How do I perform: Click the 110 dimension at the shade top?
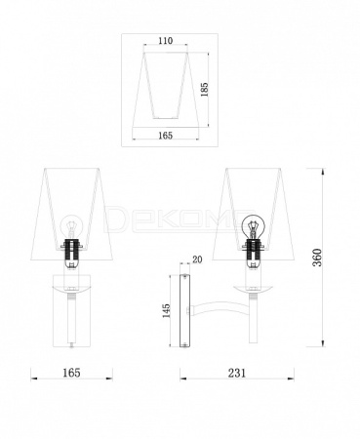click(166, 41)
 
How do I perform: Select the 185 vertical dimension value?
click(204, 90)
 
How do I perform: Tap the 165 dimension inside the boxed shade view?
click(166, 136)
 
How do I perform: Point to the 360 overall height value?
click(317, 258)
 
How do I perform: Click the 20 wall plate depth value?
click(197, 259)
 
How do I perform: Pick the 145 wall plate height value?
click(166, 311)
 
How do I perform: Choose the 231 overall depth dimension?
click(237, 373)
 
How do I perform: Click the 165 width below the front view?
click(71, 373)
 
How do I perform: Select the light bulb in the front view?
click(70, 226)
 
